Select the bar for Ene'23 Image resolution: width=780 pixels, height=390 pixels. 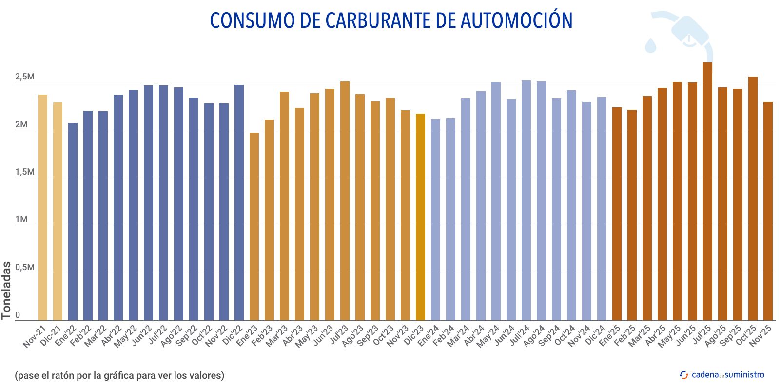coord(254,226)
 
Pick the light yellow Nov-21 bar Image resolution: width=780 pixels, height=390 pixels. coord(42,207)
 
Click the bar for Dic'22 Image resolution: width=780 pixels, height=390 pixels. coord(239,202)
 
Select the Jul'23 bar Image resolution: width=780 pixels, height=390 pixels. coord(345,201)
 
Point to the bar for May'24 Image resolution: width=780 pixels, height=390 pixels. coord(496,201)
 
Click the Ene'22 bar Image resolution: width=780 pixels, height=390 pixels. coord(73,221)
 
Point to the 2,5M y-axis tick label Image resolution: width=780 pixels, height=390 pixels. coord(24,77)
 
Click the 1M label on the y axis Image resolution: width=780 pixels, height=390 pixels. coord(21,220)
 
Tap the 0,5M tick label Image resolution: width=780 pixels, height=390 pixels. coord(24,268)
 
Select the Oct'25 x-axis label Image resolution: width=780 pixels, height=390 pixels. coord(746,335)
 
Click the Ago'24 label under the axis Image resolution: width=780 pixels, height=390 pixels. coord(534,336)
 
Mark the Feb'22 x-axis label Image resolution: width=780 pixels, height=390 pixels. coord(81,336)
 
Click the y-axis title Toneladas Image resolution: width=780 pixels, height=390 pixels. coord(6,291)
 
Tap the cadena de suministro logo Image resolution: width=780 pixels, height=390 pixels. coord(722,375)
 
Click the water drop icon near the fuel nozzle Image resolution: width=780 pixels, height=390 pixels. coord(651,45)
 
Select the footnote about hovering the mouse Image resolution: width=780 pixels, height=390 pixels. coord(119,375)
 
